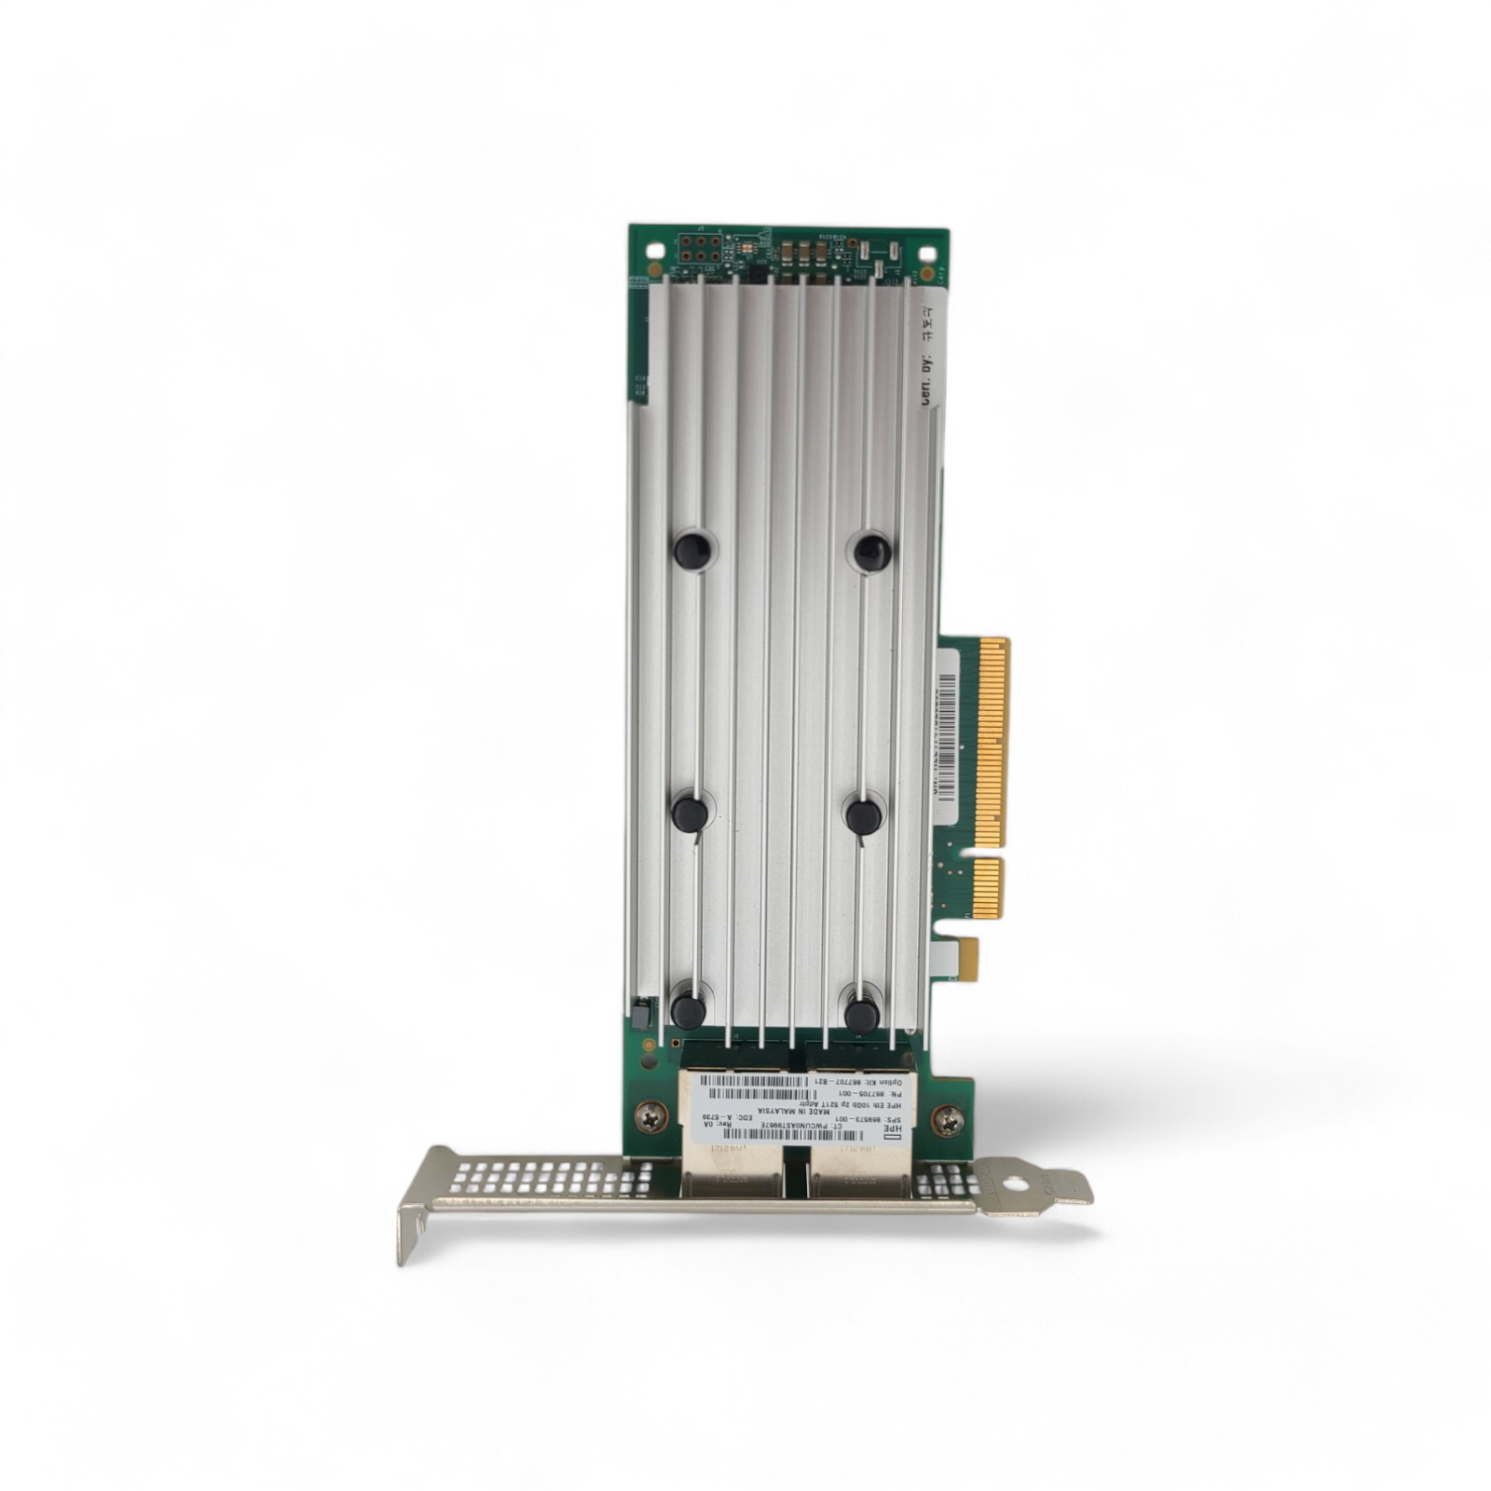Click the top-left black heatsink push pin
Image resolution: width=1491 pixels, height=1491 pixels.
[692, 550]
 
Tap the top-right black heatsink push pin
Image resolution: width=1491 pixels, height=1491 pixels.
[872, 553]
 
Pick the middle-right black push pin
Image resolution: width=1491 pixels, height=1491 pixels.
[864, 816]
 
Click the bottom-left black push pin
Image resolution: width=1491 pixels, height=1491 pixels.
[688, 1011]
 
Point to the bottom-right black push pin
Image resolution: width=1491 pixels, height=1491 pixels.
[861, 1013]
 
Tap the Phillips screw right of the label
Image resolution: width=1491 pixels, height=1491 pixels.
[948, 1120]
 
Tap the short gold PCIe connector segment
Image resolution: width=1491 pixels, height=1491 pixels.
[988, 888]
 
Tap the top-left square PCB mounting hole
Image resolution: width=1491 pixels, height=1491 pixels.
[656, 251]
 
